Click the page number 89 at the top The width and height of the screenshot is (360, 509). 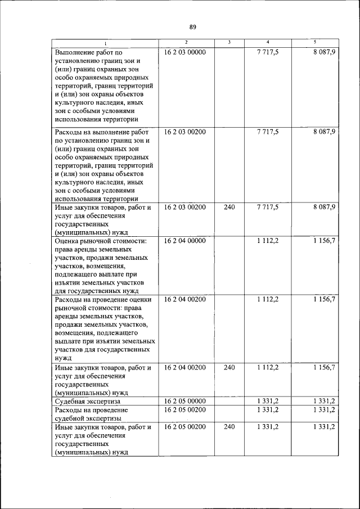[192, 27]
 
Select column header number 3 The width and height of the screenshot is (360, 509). [229, 43]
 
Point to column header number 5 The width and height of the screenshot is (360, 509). [314, 43]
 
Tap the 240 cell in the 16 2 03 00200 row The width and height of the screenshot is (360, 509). [229, 208]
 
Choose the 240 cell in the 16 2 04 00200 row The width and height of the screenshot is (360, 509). [229, 367]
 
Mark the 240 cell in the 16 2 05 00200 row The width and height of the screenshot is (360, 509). [229, 427]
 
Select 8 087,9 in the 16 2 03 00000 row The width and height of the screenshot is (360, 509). [325, 52]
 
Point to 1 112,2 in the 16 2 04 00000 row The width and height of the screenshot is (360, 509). [267, 241]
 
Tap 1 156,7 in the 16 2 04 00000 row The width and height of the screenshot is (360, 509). [325, 241]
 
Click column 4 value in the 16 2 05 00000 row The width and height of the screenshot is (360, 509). [267, 401]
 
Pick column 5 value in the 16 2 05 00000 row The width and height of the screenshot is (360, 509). [325, 401]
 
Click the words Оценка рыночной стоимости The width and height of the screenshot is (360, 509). [100, 241]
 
